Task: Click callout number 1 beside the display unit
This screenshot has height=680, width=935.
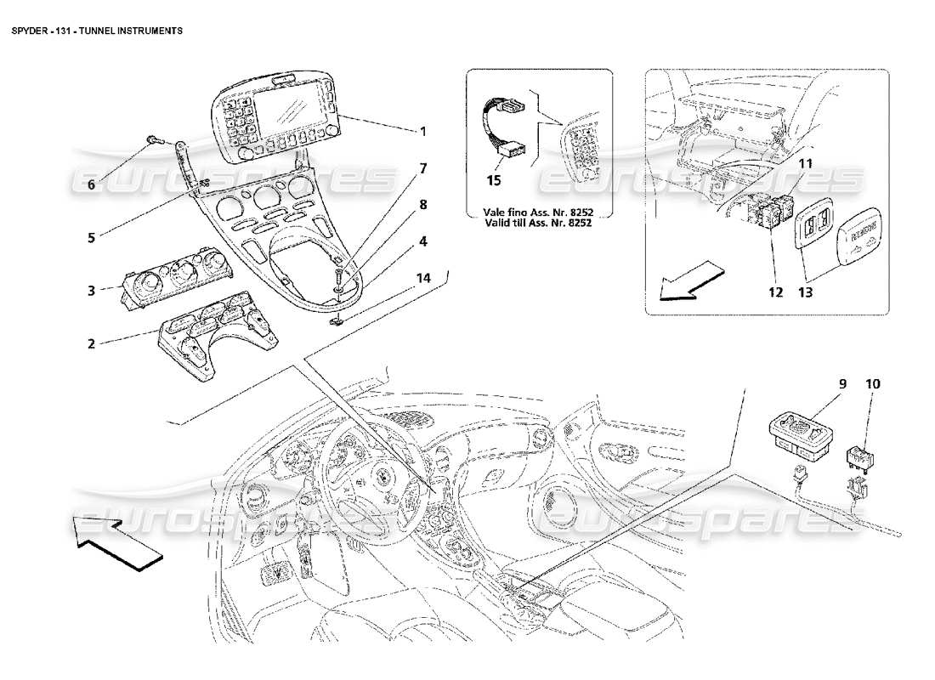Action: pyautogui.click(x=422, y=132)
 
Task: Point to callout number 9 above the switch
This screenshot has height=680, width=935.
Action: pyautogui.click(x=843, y=384)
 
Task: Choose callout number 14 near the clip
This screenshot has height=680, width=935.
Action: pyautogui.click(x=423, y=278)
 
